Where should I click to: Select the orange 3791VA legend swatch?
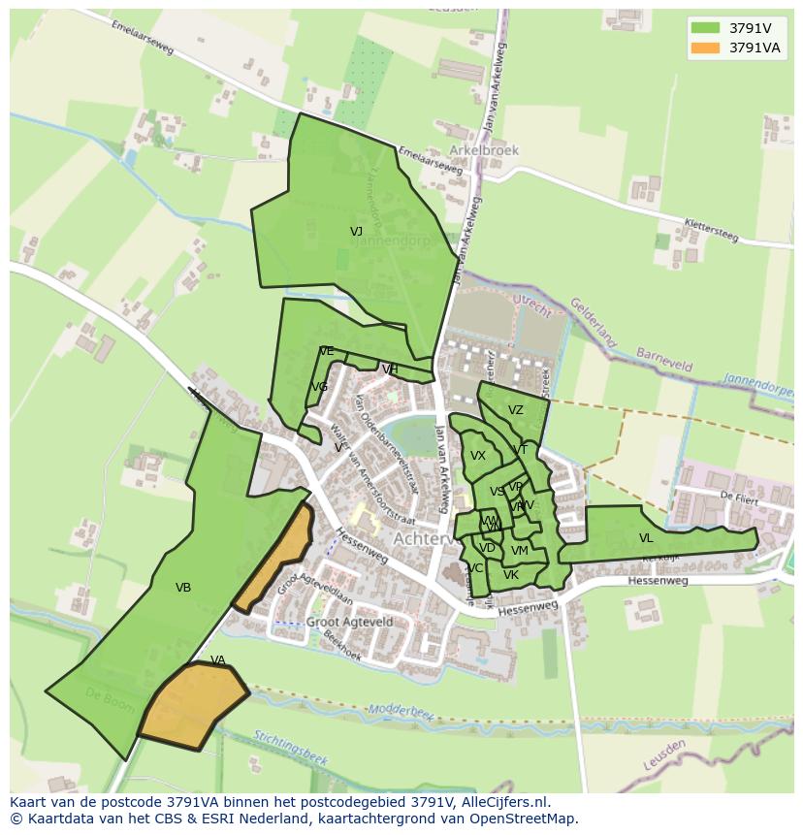pos(706,48)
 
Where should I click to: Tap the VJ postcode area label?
pos(356,232)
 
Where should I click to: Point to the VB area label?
pos(183,588)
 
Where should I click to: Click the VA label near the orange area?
pos(217,660)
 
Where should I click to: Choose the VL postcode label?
pos(646,538)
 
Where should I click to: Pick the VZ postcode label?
pos(515,410)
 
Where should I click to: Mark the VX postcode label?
pos(478,456)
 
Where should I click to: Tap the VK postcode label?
pos(511,575)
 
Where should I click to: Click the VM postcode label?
pos(519,551)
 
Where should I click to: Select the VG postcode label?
pos(319,387)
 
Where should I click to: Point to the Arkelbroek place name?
pos(484,151)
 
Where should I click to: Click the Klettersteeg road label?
pos(711,230)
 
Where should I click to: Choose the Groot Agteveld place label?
pos(349,622)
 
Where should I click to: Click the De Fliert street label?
pos(738,496)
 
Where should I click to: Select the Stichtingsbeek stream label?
pos(292,746)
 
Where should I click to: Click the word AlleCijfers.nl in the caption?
pos(505,802)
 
